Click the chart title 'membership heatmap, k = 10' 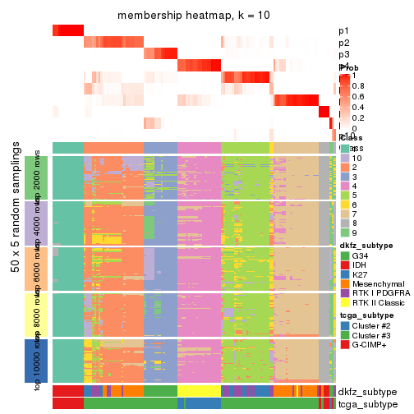click(193, 16)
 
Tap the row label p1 click(344, 31)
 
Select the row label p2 click(344, 43)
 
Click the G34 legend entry click(366, 256)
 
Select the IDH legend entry click(363, 268)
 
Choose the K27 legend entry click(363, 279)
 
